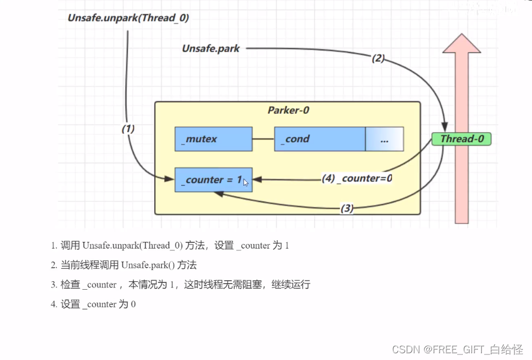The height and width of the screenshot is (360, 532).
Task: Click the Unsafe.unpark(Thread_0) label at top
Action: tap(128, 17)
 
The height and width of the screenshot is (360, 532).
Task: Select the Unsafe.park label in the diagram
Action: tap(211, 48)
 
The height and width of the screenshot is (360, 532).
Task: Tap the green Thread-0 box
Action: tap(462, 139)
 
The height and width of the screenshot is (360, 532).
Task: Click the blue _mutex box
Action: tap(213, 139)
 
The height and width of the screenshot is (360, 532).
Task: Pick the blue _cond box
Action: tap(319, 139)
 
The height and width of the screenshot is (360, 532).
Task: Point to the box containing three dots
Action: tap(384, 139)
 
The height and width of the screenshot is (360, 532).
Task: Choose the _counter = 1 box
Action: tap(213, 180)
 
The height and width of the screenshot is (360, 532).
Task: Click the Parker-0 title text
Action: tap(288, 110)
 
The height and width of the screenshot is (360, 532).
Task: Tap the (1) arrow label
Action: tap(128, 128)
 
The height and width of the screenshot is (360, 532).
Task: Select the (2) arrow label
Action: tap(378, 58)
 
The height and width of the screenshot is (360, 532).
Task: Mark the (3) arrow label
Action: tap(347, 208)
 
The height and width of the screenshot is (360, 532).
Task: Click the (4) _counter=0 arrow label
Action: tap(357, 178)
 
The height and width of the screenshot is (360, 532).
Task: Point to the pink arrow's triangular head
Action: tap(462, 45)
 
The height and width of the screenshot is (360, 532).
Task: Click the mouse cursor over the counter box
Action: tap(246, 182)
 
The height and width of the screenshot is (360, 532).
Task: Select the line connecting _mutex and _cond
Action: tap(263, 139)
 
